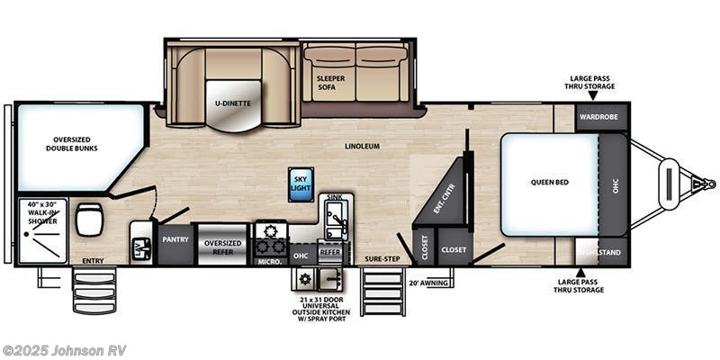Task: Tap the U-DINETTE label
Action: click(x=231, y=103)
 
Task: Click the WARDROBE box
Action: click(x=601, y=117)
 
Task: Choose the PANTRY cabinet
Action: click(x=174, y=240)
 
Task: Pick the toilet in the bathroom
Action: click(x=89, y=219)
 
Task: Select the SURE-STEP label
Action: click(x=382, y=258)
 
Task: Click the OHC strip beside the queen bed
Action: click(x=616, y=184)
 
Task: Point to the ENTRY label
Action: click(x=92, y=261)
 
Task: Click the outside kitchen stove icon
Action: click(x=301, y=280)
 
